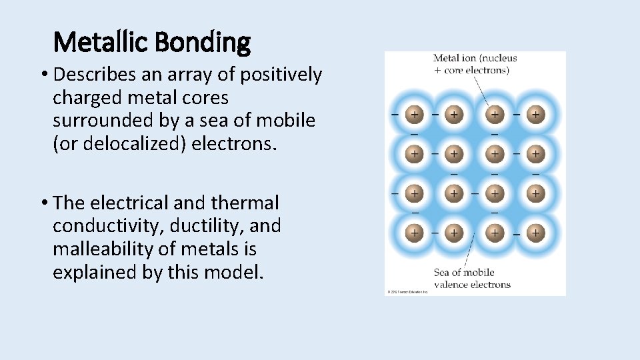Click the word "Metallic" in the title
coord(101,43)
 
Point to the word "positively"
coord(280,75)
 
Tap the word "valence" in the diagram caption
coord(455,285)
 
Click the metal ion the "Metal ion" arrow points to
coord(494,115)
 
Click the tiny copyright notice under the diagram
coord(407,292)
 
